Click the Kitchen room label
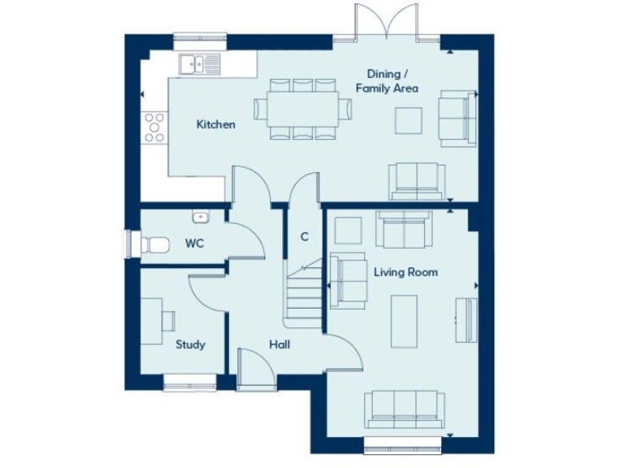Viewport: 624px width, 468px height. click(216, 124)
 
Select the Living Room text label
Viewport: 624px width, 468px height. click(405, 271)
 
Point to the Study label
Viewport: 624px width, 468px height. click(190, 344)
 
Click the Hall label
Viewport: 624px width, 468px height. click(279, 344)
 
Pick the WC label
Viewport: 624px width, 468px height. click(194, 243)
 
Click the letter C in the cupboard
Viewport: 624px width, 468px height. click(305, 237)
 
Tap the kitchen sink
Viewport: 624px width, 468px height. click(198, 63)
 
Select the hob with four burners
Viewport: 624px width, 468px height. click(154, 127)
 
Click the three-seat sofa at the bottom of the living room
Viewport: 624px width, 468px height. click(404, 408)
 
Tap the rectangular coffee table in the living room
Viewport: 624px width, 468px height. click(404, 319)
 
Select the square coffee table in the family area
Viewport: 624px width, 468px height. click(409, 120)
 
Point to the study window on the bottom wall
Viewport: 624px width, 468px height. click(191, 380)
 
